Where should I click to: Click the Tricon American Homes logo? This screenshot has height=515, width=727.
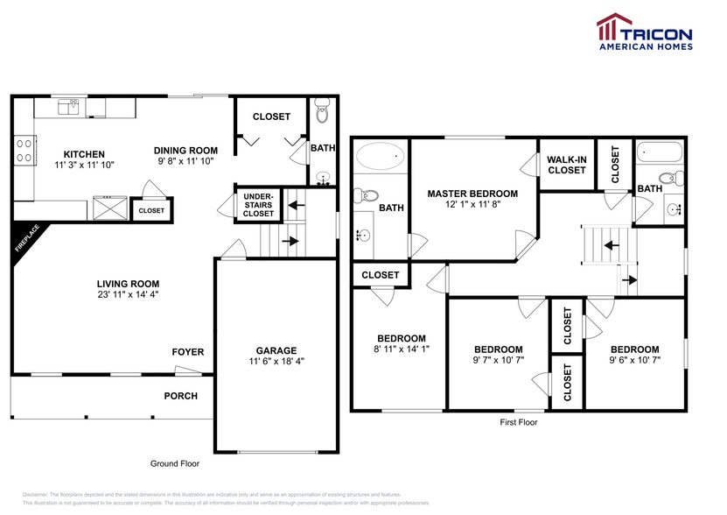tap(644, 32)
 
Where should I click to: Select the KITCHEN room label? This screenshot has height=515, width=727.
tap(84, 153)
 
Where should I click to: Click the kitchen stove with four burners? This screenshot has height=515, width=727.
tap(24, 151)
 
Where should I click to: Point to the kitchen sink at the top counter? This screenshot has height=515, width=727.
tap(68, 107)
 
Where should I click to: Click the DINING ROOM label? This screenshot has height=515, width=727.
tap(185, 150)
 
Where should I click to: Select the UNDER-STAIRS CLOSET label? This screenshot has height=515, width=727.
tap(258, 204)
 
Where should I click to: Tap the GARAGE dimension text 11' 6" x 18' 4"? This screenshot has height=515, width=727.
tap(276, 361)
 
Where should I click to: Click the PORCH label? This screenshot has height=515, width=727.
tap(180, 396)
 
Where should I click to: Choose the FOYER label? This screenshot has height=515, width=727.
tap(187, 352)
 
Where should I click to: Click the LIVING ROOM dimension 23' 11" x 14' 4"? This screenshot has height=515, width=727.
tap(128, 294)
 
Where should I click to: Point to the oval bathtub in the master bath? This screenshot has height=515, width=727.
tap(380, 157)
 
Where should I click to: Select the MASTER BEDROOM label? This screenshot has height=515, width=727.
tap(472, 194)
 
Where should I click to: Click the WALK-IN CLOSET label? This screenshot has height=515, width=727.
tap(566, 164)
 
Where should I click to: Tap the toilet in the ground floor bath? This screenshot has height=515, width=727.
tap(321, 112)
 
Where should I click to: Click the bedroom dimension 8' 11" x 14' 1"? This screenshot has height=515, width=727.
tap(402, 349)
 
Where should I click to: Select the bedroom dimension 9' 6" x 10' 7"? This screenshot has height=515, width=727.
tap(634, 359)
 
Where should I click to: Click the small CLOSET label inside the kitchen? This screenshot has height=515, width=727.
tap(151, 210)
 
